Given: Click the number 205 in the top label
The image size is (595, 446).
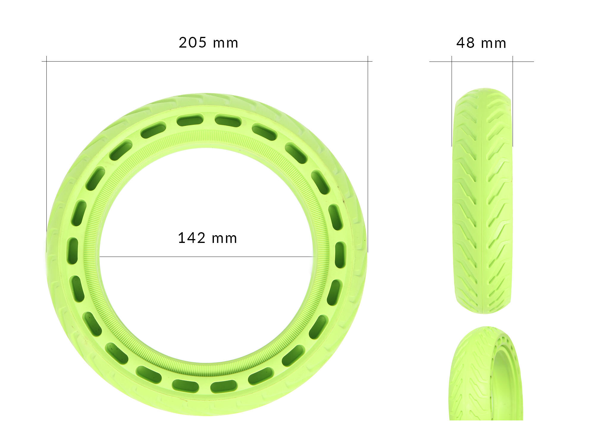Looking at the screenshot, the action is click(192, 43).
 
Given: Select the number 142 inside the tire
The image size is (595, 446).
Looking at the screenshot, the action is click(191, 238).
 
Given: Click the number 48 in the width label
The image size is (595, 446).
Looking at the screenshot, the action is click(465, 43).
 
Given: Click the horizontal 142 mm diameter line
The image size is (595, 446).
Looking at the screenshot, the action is click(206, 257).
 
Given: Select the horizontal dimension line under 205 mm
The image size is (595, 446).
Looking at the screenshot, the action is click(207, 62).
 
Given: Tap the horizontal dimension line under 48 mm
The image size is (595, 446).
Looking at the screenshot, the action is click(482, 62).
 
